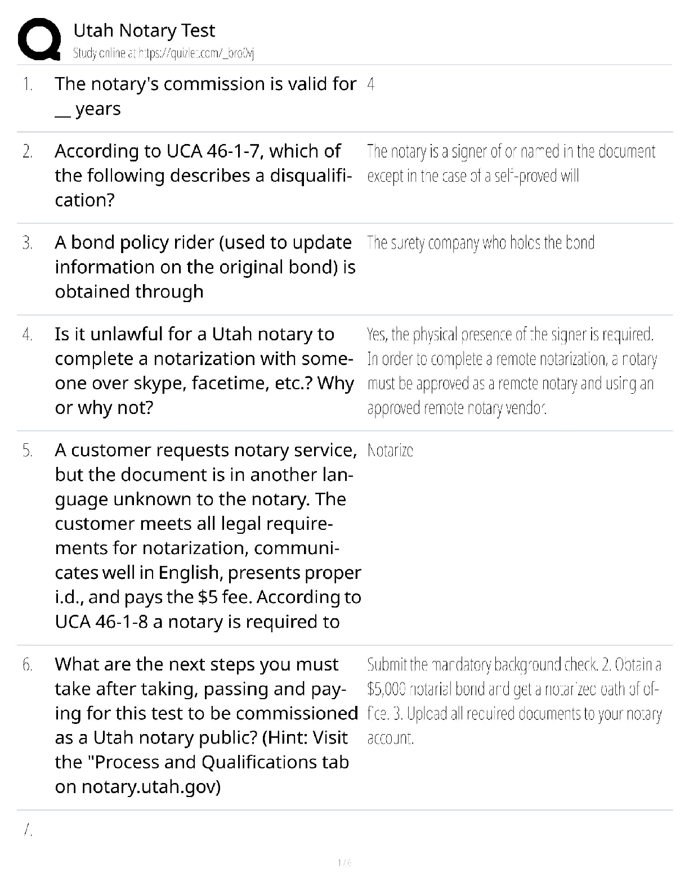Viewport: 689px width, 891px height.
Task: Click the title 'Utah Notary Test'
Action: click(x=144, y=30)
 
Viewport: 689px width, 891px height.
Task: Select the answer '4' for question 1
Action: click(x=370, y=84)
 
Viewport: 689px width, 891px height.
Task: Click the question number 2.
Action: click(x=27, y=151)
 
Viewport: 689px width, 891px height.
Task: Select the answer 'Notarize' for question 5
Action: click(x=390, y=451)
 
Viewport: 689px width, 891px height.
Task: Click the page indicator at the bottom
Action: click(x=344, y=862)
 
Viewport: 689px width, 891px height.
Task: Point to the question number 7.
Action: click(x=27, y=831)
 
